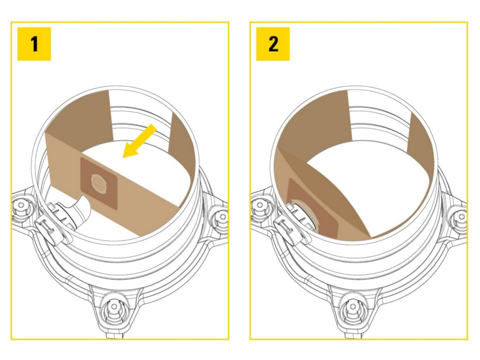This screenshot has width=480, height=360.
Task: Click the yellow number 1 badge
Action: pos(34,44)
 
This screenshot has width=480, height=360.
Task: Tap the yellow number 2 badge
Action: pos(273,44)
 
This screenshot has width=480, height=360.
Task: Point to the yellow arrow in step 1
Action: pos(140,141)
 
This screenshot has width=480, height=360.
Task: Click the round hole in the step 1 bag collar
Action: pos(98,182)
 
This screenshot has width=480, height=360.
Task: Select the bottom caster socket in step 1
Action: pos(114,308)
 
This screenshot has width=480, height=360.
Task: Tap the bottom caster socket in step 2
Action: pos(353,308)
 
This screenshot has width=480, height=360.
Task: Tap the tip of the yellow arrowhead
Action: pos(124,157)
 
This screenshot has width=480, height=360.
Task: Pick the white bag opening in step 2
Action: pos(373,181)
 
